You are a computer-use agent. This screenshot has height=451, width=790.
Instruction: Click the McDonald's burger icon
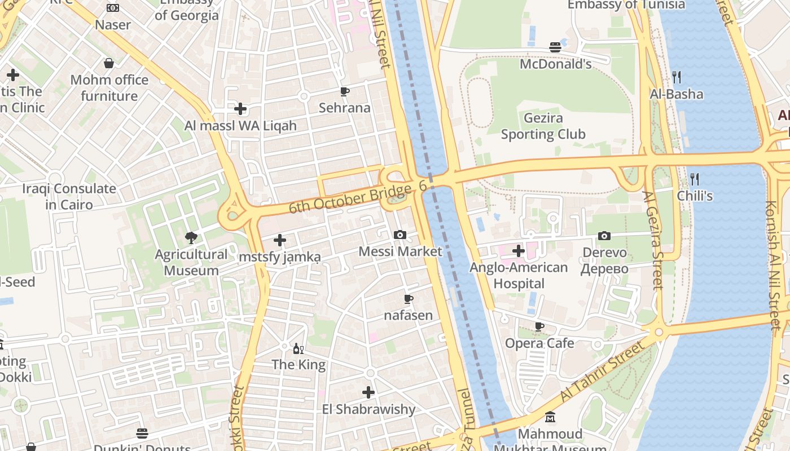pos(555,47)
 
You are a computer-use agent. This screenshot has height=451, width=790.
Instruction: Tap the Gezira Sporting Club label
pos(543,126)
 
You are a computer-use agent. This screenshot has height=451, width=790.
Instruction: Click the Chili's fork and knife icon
pos(695,179)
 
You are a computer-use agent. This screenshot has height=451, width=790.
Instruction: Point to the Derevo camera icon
pos(604,236)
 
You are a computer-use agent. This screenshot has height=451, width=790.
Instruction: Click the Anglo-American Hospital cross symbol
pos(518,250)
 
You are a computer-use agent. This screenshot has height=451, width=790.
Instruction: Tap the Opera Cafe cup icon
pos(539,326)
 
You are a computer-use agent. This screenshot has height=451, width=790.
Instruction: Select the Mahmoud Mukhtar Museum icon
pos(550,417)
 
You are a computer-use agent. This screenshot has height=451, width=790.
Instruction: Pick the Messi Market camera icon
pos(400,235)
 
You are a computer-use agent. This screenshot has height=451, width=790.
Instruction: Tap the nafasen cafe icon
pos(409,299)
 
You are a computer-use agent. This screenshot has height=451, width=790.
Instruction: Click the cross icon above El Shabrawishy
pos(368,392)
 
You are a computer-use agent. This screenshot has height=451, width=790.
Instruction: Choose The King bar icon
pos(298,348)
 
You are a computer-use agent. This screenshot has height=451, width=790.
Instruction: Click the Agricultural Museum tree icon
pos(191,237)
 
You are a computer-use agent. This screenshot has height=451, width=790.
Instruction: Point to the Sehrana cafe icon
pos(344,91)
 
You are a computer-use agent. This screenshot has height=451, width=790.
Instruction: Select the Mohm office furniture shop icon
pos(109,63)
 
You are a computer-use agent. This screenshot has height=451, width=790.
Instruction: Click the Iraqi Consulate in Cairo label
pos(69,196)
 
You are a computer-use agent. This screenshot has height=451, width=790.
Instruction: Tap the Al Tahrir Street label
pos(602,372)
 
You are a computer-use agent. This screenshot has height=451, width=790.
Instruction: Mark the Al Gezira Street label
pos(653,240)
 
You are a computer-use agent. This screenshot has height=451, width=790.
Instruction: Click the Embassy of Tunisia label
pos(626,5)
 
